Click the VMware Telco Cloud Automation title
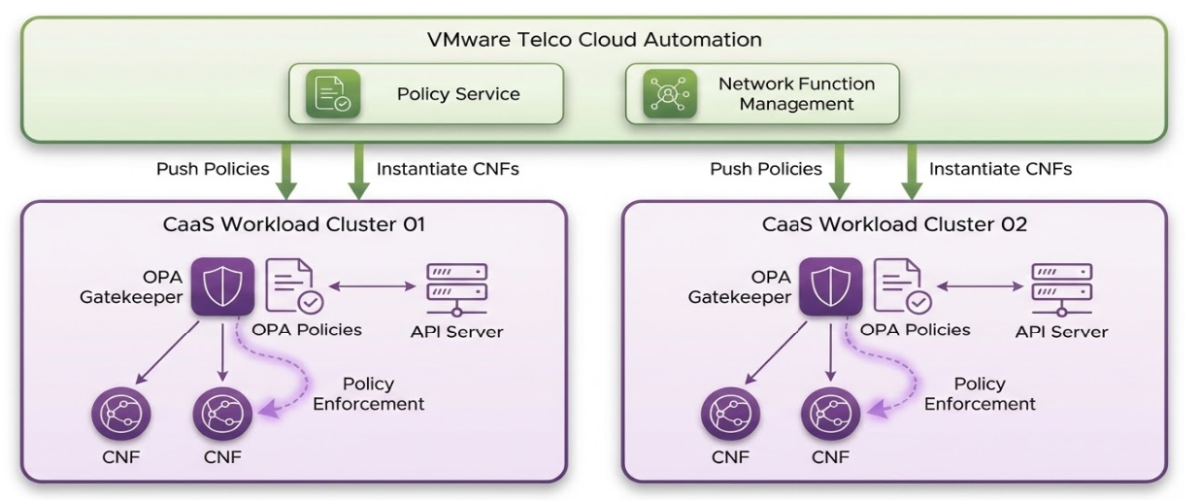coord(594,40)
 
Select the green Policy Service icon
coord(334,94)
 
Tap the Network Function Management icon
coord(670,94)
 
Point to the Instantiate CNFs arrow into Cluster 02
coord(911,171)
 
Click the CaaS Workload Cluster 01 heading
coord(294,224)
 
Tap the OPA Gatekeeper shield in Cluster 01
coord(222,287)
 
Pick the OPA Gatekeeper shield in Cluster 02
coord(830,287)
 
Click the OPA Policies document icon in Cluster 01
coord(295,287)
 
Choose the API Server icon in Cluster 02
coord(1061,287)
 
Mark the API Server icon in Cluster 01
coord(456,287)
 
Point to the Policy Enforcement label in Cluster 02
coord(980,393)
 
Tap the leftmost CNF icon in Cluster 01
coord(121,415)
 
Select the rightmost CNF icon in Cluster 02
coord(830,415)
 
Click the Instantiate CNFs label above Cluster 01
coord(448,169)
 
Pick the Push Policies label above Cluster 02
coord(766,169)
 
